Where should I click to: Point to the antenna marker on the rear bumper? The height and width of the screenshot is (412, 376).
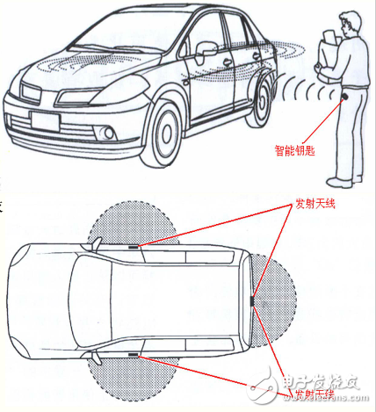coord(251,300)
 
